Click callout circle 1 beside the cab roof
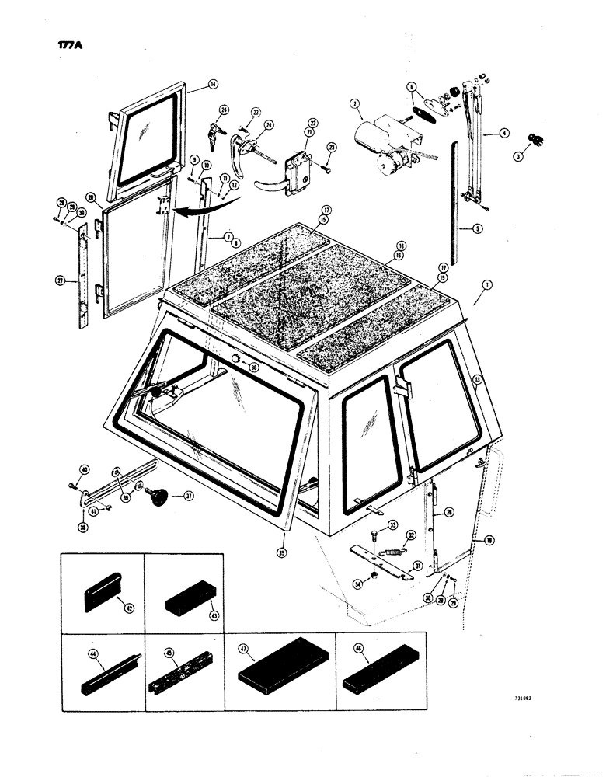click(x=486, y=286)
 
